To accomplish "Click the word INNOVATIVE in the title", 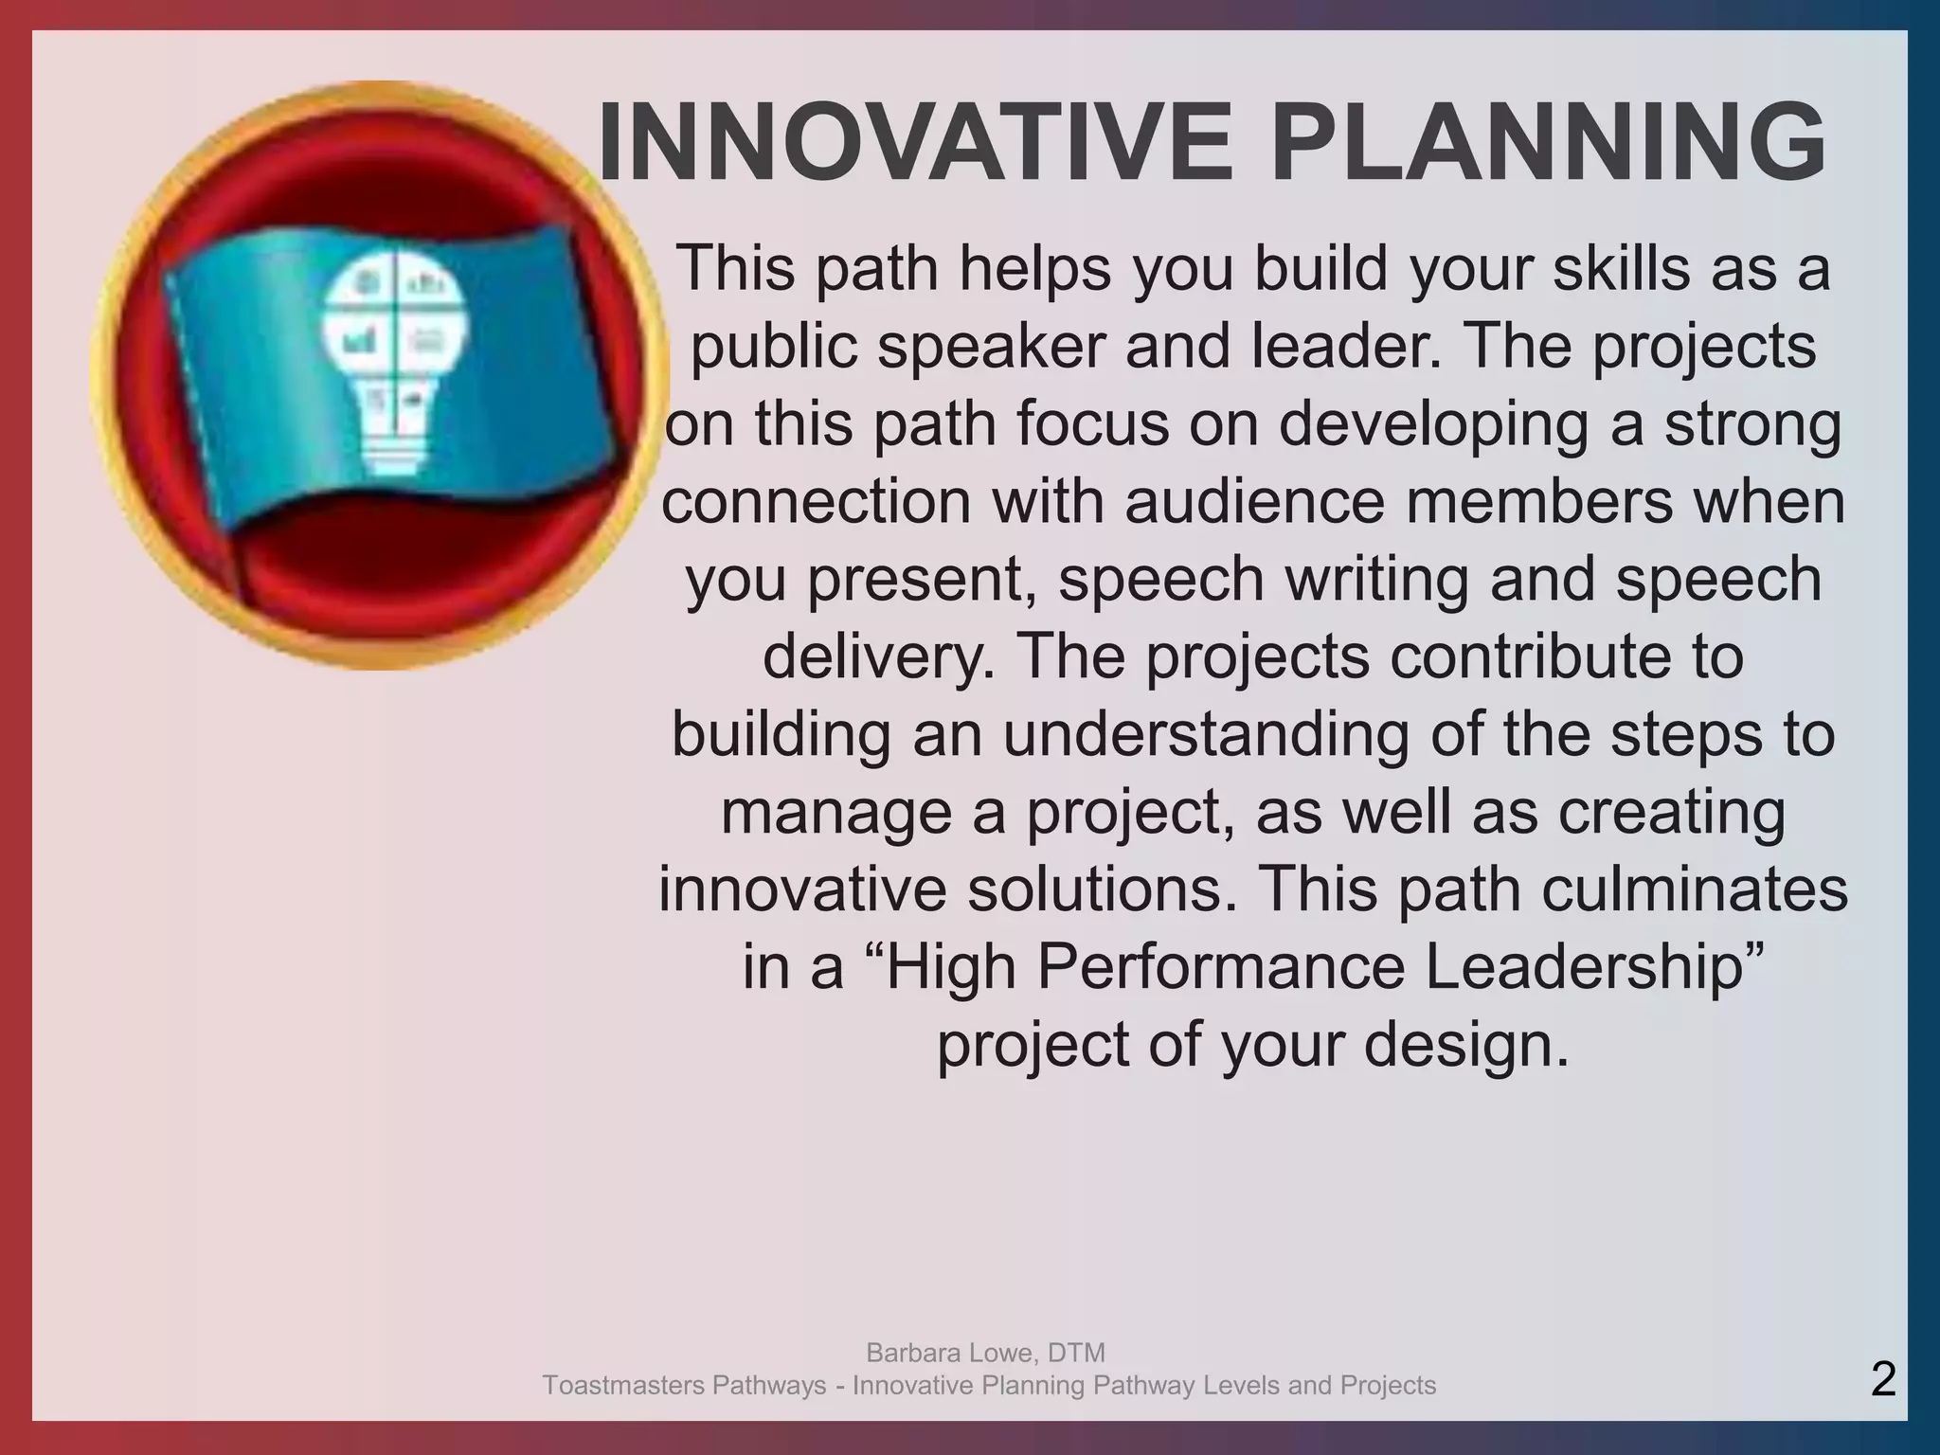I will pyautogui.click(x=915, y=142).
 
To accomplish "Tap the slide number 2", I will pyautogui.click(x=1883, y=1379).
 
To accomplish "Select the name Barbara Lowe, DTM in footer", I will pyautogui.click(x=985, y=1352).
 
